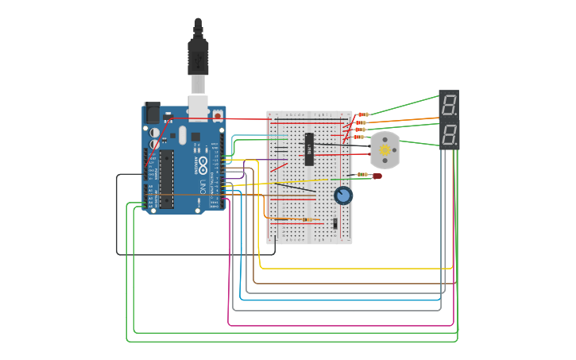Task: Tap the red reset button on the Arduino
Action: point(218,116)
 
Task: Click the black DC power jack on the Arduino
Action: point(151,114)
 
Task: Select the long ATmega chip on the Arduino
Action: point(167,180)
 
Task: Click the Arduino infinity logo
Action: point(203,165)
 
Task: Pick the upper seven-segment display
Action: point(449,104)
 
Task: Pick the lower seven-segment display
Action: point(449,134)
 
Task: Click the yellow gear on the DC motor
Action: point(385,149)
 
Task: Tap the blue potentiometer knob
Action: point(343,195)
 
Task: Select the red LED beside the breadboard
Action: point(377,176)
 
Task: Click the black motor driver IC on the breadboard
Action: point(309,149)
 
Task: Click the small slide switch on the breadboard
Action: point(335,224)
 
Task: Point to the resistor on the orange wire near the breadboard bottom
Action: point(306,219)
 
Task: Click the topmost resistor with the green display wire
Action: point(363,114)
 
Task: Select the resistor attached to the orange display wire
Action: point(361,122)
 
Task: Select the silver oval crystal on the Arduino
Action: point(182,135)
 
